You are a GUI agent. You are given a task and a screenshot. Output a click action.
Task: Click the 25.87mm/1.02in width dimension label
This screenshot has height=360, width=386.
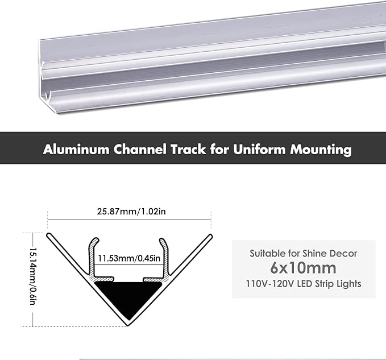point(130,212)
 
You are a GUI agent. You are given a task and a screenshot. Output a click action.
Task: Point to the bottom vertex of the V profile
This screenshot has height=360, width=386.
point(128,324)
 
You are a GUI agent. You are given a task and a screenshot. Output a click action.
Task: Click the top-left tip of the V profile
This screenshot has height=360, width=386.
point(49,234)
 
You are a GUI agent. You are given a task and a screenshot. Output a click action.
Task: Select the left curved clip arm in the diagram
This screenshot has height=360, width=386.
point(91,253)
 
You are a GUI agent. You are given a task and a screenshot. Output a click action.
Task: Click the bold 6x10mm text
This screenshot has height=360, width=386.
point(304,268)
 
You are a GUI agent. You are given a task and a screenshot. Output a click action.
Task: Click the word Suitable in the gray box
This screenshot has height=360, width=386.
point(267,253)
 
